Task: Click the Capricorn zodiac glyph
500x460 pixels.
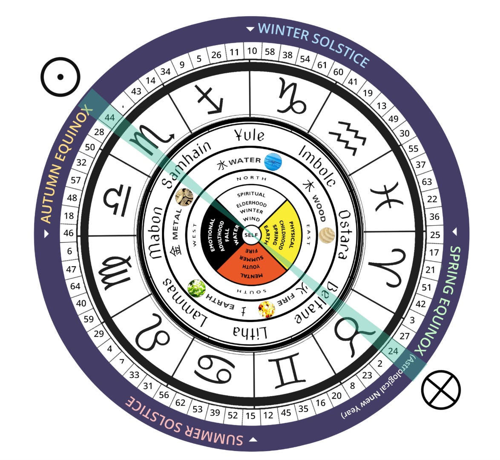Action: coord(292,99)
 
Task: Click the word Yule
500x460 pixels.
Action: coord(250,135)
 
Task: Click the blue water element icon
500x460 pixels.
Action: coord(273,162)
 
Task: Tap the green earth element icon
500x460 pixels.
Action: coord(196,288)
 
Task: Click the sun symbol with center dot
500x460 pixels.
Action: coord(60,77)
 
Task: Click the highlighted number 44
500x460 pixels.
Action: coord(110,117)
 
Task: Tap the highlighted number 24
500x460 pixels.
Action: coord(393,351)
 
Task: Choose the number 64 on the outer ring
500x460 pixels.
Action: coord(75,286)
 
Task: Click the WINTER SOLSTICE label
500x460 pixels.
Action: coord(313,44)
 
